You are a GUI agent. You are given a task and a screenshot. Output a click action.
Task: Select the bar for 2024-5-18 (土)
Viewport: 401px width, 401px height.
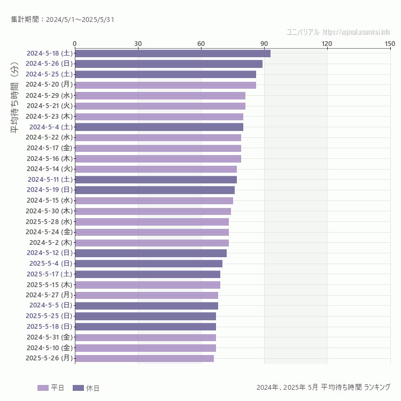click(172, 53)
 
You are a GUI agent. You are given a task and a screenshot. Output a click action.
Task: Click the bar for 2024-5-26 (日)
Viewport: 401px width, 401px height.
click(168, 64)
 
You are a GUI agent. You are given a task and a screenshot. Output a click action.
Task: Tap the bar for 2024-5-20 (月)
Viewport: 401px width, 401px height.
click(165, 84)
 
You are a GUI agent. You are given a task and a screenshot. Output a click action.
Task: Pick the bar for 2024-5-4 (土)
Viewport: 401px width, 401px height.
click(159, 127)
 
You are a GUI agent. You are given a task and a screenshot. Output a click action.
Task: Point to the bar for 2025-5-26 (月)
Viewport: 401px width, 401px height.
click(144, 358)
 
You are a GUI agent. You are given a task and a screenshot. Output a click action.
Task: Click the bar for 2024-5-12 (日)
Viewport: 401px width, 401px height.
click(151, 253)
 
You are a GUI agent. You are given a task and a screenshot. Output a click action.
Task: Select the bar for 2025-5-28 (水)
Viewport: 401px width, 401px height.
click(152, 221)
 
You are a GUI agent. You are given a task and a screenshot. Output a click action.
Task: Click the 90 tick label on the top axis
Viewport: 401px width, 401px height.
click(264, 43)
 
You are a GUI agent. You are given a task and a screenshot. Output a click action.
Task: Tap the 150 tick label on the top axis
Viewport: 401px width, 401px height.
click(390, 43)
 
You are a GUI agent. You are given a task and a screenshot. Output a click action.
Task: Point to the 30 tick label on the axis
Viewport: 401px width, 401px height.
click(138, 43)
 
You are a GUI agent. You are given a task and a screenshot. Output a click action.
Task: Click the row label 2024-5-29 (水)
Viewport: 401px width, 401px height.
click(49, 95)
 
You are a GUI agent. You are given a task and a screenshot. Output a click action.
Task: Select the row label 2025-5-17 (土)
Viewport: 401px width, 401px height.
click(49, 274)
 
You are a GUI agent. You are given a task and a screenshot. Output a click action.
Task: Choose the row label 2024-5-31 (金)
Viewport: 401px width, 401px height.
click(49, 337)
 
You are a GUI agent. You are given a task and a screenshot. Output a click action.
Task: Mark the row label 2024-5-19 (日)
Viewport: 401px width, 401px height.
click(49, 190)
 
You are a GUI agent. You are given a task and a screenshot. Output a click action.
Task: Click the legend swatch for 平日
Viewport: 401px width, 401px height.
click(43, 388)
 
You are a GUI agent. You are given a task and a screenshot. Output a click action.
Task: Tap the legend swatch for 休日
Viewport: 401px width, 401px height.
click(78, 388)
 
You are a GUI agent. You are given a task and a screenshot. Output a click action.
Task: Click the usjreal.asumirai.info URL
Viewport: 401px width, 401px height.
click(356, 32)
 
